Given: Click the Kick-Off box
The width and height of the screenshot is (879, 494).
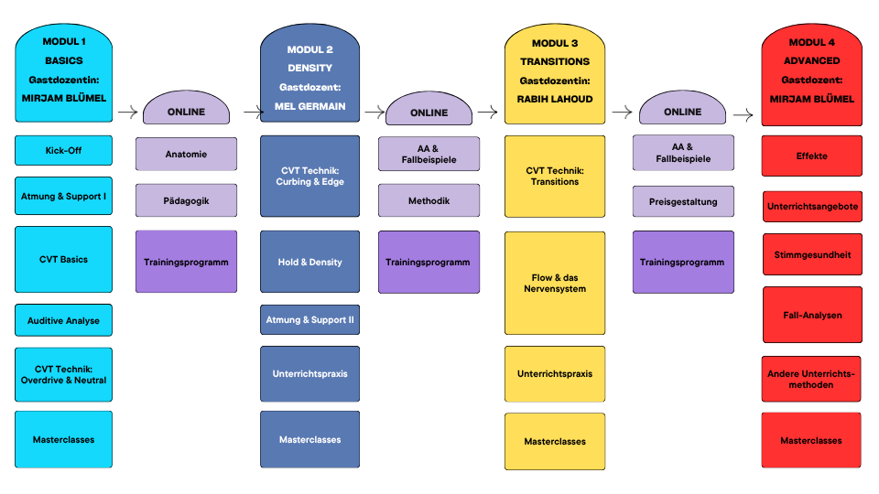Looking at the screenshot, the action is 63,150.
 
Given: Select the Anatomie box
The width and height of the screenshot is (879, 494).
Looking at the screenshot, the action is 186,154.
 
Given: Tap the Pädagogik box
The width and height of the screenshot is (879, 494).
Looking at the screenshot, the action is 186,200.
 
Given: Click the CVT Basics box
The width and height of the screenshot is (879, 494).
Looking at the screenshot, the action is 63,259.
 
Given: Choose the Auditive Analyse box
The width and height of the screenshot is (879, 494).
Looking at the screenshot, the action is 63,320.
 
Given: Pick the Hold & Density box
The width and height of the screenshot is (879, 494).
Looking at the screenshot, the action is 310,262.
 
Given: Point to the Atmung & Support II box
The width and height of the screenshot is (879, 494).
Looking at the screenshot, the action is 310,320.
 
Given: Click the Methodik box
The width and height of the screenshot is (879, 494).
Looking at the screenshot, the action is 429,200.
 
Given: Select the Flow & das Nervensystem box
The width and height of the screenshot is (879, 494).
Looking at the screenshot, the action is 555,284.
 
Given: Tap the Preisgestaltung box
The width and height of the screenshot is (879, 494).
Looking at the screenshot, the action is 683,201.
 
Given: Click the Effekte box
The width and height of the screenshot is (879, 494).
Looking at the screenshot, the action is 812,156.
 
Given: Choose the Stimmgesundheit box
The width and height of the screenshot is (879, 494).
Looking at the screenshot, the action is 812,255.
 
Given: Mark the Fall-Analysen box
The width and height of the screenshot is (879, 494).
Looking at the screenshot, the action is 812,315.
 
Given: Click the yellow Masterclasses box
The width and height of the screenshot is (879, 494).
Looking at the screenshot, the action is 555,441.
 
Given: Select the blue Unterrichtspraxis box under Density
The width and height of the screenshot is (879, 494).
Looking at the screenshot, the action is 310,373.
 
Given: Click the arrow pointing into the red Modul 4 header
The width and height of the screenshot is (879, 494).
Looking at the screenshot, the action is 743,115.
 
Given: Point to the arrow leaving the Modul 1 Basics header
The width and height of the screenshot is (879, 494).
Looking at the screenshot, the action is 128,112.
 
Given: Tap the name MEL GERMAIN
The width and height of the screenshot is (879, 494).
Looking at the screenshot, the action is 310,106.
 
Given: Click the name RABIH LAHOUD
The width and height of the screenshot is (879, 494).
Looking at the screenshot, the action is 555,99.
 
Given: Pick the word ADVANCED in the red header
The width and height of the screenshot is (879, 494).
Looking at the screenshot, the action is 812,60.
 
